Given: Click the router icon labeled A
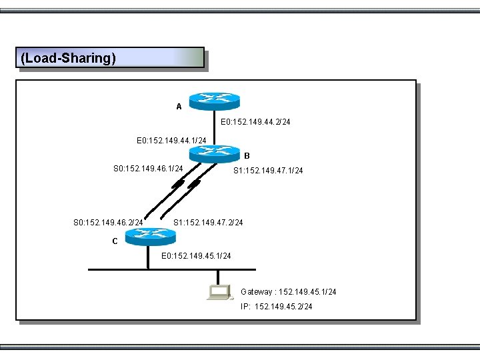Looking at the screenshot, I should [213, 101].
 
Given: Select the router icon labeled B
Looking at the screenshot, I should [213, 154].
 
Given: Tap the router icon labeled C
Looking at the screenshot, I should [149, 234].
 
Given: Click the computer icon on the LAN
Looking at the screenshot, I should [218, 292].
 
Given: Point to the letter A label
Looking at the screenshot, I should [179, 107].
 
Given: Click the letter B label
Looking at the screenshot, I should [247, 156].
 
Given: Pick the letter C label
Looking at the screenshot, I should [115, 241].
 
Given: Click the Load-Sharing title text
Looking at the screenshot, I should [69, 58].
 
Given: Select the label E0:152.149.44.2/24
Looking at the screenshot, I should [255, 122].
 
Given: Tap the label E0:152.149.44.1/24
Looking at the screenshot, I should [171, 141].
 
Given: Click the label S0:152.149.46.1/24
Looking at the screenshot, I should [148, 169].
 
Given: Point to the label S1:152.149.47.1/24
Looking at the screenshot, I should [267, 171].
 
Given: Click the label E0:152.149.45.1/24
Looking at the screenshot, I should [197, 256].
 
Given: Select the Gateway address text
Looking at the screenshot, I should [288, 292].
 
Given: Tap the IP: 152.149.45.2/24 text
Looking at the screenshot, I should [276, 307].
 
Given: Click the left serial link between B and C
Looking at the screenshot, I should [165, 197].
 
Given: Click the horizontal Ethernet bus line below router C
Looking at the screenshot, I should [120, 269].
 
